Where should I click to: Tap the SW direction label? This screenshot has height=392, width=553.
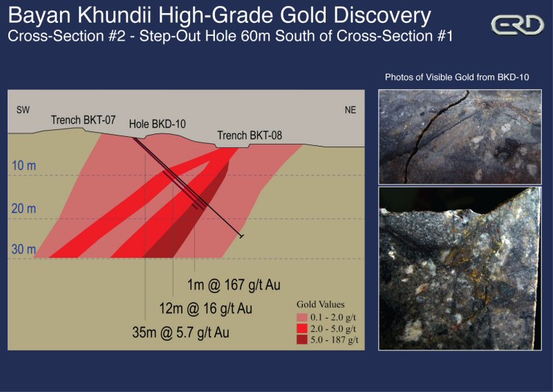pos(23,110)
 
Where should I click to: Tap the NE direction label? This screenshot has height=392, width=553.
pos(350,110)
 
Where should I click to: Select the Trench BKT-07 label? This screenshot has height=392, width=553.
pos(83,120)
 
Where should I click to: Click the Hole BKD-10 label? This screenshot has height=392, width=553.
pos(158,124)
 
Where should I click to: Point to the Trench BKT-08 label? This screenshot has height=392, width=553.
pos(250,135)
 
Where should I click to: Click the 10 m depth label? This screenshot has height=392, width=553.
pos(23,166)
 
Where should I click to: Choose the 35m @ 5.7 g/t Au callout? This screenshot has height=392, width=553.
pos(180,333)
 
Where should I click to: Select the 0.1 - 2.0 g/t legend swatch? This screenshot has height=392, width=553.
pos(305,316)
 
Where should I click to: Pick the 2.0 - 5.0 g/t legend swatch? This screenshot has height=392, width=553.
pos(305,328)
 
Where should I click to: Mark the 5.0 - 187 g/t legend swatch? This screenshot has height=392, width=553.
pos(305,339)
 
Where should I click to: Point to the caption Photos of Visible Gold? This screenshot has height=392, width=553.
pos(457,77)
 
